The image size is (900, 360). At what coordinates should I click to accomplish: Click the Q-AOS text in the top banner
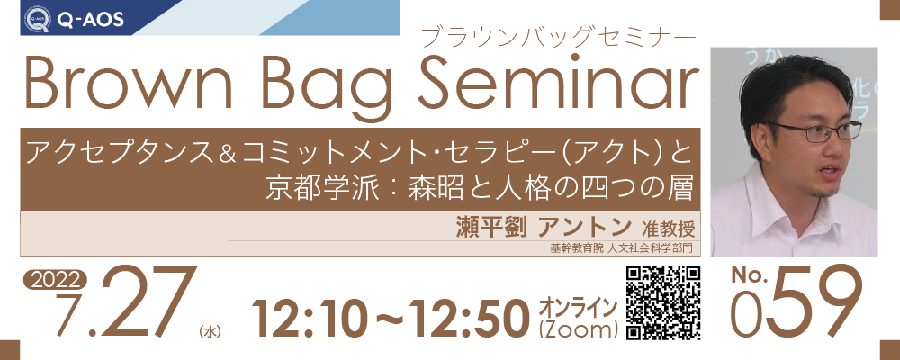(91, 20)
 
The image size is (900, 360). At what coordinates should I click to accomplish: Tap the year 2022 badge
(55, 280)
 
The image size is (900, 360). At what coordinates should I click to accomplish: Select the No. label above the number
(749, 276)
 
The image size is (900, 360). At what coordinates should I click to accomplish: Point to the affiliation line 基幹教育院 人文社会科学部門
(622, 248)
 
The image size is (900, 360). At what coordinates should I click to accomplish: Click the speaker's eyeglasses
(815, 131)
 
